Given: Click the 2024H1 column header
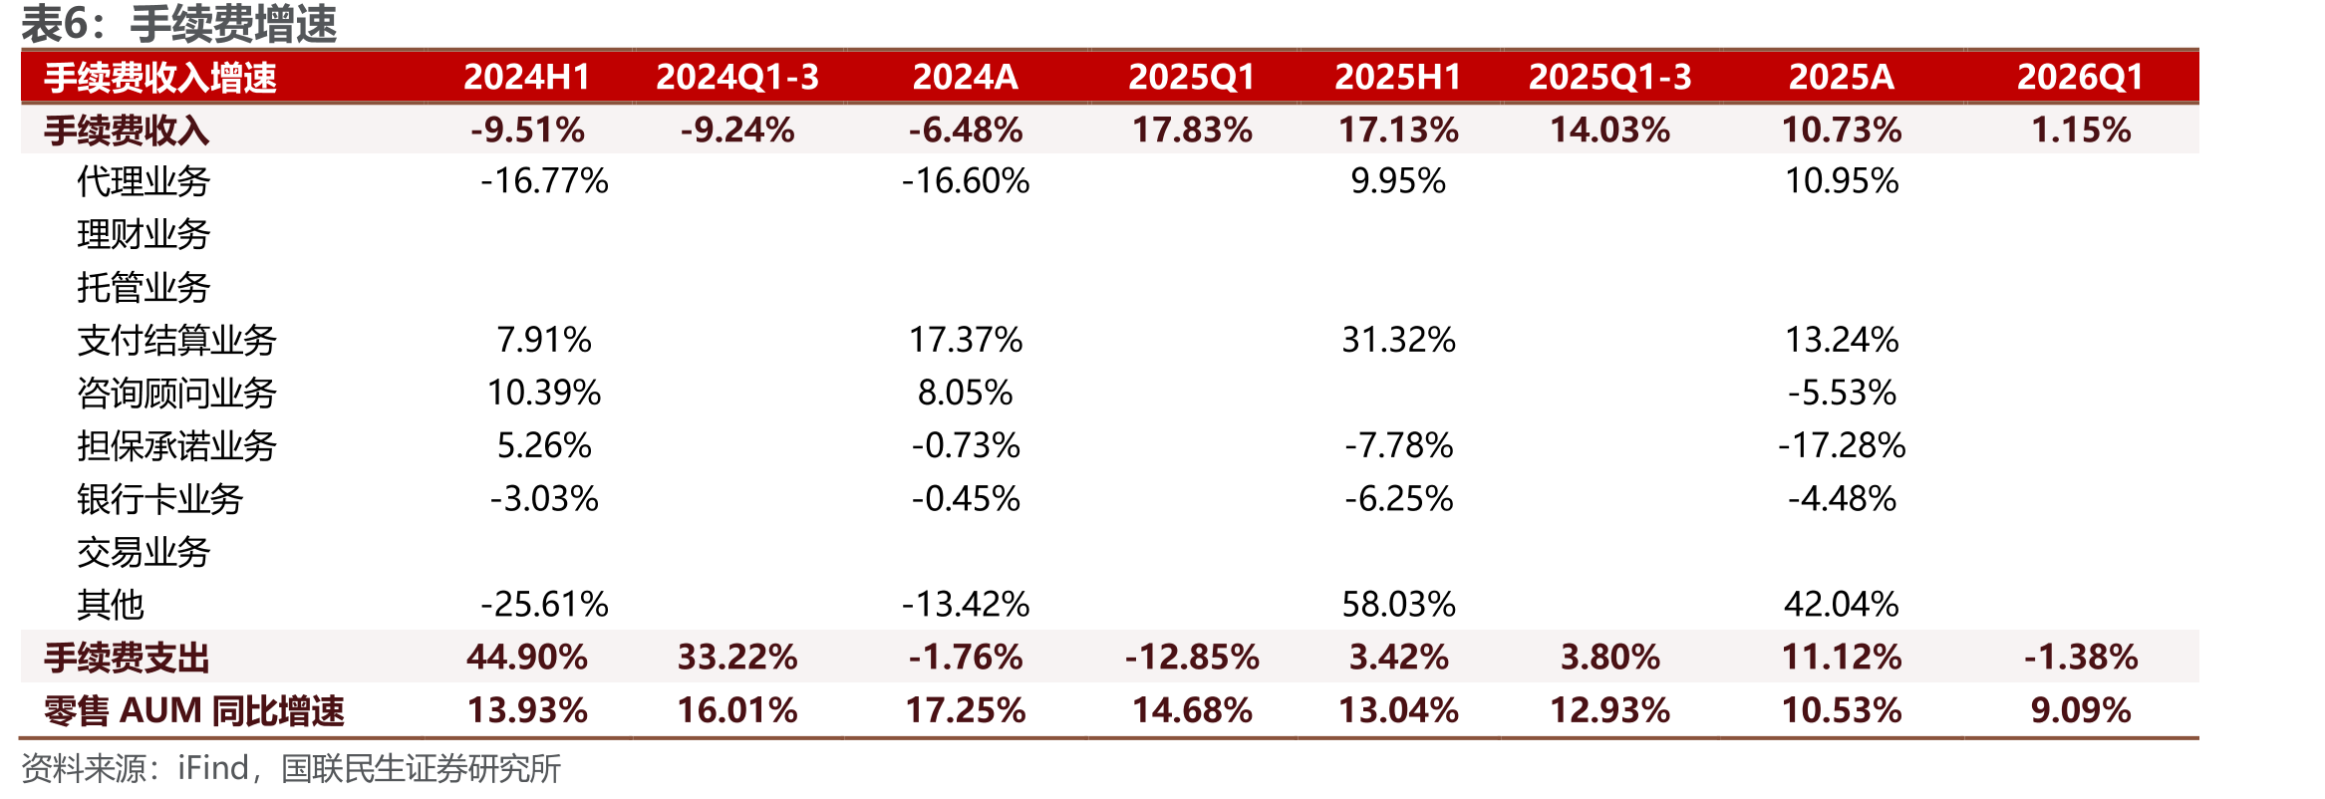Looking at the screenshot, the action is pyautogui.click(x=527, y=77).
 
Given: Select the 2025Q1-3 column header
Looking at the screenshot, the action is pyautogui.click(x=1609, y=77).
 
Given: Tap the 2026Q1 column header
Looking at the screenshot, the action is pyautogui.click(x=2080, y=77).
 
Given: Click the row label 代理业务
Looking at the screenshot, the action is pyautogui.click(x=144, y=181).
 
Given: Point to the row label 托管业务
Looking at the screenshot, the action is pyautogui.click(x=144, y=287).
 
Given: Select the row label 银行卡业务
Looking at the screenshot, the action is pyautogui.click(x=160, y=498).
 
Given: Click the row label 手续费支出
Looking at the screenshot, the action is pyautogui.click(x=127, y=658).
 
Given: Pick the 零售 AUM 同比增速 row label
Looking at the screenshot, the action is pyautogui.click(x=194, y=710).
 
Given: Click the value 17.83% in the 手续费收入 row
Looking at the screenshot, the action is pyautogui.click(x=1192, y=130).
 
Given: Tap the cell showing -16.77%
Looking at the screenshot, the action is pyautogui.click(x=544, y=181).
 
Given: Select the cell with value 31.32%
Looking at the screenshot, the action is pyautogui.click(x=1398, y=340).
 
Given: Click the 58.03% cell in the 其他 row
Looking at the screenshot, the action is pyautogui.click(x=1398, y=604).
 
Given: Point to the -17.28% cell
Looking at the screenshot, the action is pyautogui.click(x=1842, y=445).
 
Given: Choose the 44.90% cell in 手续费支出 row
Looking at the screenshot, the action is pyautogui.click(x=527, y=658).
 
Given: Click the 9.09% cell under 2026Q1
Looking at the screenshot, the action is pyautogui.click(x=2081, y=710).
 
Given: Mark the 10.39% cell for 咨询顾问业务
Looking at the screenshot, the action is pyautogui.click(x=544, y=393).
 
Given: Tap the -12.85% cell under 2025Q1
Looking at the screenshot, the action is pyautogui.click(x=1192, y=658).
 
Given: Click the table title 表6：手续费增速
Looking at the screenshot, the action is pyautogui.click(x=179, y=24).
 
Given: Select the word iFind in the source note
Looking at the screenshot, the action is pyautogui.click(x=213, y=768).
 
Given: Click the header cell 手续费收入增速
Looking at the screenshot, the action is pyautogui.click(x=160, y=78).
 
